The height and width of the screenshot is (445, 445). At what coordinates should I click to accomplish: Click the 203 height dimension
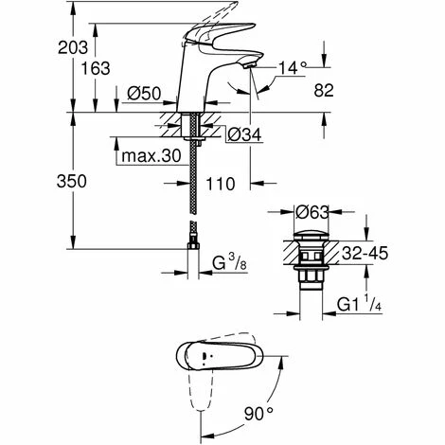73,48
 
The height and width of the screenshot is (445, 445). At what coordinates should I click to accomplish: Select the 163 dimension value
96,68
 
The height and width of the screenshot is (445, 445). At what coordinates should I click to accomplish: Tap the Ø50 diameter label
144,94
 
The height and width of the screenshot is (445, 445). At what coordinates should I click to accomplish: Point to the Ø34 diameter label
244,135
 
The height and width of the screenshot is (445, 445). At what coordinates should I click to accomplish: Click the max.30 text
151,156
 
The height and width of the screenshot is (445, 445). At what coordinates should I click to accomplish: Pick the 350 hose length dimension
72,182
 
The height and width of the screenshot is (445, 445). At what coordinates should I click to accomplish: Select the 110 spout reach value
221,184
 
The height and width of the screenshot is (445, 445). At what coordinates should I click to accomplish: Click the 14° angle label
293,67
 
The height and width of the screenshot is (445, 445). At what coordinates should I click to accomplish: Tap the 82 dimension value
324,91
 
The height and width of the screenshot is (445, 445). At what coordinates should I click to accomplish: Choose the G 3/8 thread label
229,263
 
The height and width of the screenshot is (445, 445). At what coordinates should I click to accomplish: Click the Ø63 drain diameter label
312,212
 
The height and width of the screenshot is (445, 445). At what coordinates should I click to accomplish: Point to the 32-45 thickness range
365,253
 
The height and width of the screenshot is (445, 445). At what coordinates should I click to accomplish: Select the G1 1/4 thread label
360,303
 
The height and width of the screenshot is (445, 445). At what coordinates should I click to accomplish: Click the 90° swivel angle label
258,414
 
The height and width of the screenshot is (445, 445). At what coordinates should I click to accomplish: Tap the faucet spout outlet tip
249,65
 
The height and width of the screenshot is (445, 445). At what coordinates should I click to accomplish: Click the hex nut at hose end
193,246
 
